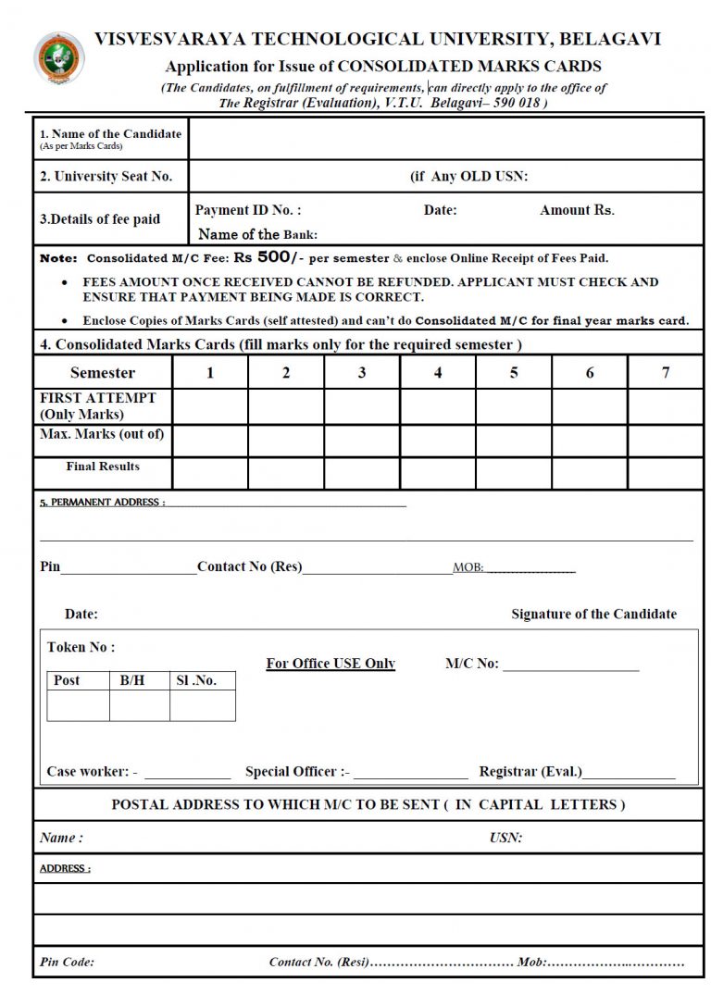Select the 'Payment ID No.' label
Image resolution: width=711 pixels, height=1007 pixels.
click(x=247, y=210)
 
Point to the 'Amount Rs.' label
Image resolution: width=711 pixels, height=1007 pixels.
click(x=577, y=210)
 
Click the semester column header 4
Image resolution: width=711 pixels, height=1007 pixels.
click(x=438, y=373)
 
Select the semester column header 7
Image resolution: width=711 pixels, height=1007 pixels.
click(x=665, y=373)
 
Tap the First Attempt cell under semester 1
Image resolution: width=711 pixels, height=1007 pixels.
click(x=210, y=406)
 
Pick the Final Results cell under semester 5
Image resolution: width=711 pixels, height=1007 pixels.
click(x=514, y=473)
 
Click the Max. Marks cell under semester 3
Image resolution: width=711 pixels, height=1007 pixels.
click(x=362, y=441)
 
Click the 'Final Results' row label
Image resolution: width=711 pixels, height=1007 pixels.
click(x=103, y=466)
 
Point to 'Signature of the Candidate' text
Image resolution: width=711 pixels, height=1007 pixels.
click(x=593, y=614)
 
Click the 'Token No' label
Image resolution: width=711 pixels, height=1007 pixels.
click(x=81, y=647)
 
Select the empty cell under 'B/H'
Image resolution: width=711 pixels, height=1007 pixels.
click(x=140, y=705)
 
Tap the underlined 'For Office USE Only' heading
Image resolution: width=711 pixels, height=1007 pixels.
click(x=331, y=663)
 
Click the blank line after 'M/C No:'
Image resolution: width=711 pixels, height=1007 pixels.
click(x=571, y=665)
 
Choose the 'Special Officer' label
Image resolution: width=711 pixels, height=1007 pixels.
click(x=296, y=771)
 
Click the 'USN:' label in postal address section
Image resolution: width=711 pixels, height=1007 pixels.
click(x=505, y=838)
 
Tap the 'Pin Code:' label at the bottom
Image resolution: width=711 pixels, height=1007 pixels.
click(x=67, y=962)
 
